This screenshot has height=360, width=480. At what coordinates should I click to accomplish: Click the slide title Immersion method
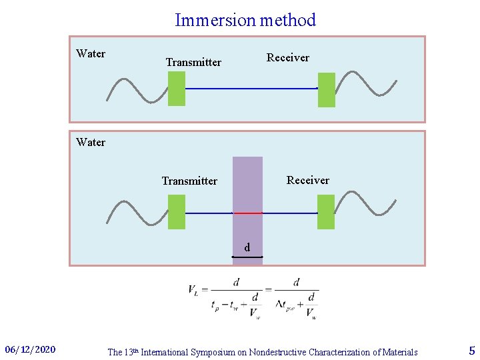coord(245,20)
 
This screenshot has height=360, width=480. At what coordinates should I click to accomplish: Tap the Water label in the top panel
coord(91,54)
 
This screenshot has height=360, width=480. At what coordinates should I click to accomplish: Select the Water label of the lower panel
coord(91,142)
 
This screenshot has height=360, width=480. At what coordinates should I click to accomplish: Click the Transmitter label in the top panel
coord(193,63)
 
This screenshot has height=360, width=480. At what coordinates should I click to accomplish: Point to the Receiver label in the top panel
coord(288,58)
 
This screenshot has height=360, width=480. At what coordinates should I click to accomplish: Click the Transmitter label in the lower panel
coord(189,181)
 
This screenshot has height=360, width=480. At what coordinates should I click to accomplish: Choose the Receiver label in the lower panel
coord(308,181)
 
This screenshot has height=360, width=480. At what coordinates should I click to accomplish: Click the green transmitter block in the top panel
coord(177,89)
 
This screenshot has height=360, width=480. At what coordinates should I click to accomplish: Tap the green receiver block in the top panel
coord(327,89)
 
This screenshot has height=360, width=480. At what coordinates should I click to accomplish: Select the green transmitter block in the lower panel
coord(177,212)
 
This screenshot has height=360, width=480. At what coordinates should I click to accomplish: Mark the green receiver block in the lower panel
coord(326,212)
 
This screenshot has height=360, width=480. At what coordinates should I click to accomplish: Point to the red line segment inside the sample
coord(247,213)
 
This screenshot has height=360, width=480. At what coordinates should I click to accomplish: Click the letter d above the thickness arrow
coord(247,248)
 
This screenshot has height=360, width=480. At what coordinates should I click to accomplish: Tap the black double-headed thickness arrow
coord(247,257)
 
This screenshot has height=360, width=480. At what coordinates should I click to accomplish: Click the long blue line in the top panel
coord(251,89)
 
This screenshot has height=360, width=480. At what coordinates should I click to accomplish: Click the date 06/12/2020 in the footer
coord(30,350)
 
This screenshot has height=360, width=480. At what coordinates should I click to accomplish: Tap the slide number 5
coord(472,351)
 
